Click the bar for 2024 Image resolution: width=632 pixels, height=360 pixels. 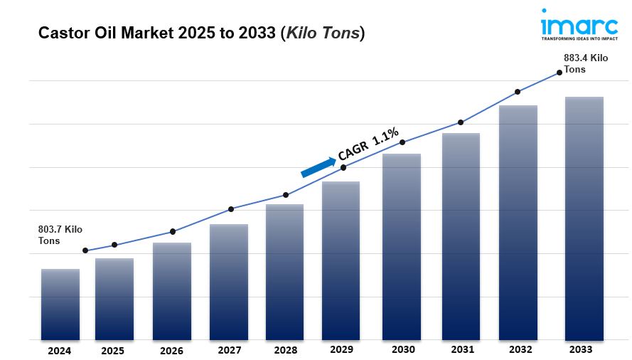[x=60, y=305]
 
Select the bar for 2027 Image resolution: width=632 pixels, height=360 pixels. [x=228, y=282]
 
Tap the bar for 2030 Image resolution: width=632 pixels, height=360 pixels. [x=402, y=247]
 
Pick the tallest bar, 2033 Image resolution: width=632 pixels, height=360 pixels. [x=584, y=218]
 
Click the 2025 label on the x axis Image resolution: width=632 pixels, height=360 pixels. [x=112, y=351]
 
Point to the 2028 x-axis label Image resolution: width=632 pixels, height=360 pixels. [x=285, y=351]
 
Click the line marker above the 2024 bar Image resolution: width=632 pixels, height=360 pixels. [x=85, y=250]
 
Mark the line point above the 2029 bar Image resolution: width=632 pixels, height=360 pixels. [x=343, y=167]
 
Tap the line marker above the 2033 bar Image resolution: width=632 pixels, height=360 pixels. [x=559, y=73]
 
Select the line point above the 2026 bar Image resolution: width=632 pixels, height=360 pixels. [x=173, y=231]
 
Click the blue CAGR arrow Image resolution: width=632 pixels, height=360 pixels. [x=318, y=167]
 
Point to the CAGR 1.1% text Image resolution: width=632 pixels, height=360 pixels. [x=368, y=144]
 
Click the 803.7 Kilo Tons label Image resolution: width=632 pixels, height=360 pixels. [x=60, y=235]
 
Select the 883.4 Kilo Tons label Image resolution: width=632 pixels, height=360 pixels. [x=585, y=64]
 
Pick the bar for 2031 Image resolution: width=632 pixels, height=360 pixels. [x=461, y=236]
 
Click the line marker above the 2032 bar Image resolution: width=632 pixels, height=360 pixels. [x=518, y=92]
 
